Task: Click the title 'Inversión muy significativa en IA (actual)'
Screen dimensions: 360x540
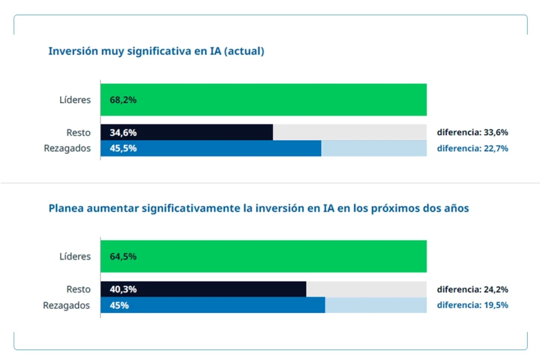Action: click(156, 52)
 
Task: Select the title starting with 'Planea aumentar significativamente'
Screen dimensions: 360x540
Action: click(258, 208)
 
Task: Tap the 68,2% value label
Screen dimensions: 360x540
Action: click(123, 100)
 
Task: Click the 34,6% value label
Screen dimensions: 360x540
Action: click(123, 132)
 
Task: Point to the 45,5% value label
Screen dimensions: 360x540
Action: click(123, 148)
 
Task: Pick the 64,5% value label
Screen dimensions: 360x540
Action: click(123, 257)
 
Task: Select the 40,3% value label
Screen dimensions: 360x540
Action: click(123, 289)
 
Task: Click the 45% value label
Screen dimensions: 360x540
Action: click(119, 305)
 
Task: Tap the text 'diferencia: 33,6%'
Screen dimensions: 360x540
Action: click(472, 132)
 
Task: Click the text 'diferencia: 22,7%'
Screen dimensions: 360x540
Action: click(472, 149)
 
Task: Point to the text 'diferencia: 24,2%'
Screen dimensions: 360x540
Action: click(472, 289)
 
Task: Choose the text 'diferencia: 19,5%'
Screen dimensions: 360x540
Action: click(472, 305)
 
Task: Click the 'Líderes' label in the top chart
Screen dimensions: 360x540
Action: click(75, 100)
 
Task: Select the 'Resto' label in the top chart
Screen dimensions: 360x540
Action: click(78, 132)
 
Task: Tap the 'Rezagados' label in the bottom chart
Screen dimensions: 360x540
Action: click(66, 305)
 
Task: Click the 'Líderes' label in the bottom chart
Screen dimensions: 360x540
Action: click(75, 257)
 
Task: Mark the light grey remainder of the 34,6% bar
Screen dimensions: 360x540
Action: click(350, 132)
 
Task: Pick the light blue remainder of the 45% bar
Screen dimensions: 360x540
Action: click(375, 305)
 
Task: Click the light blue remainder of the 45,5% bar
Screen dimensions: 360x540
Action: click(374, 149)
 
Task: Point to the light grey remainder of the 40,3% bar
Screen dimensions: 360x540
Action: click(366, 289)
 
